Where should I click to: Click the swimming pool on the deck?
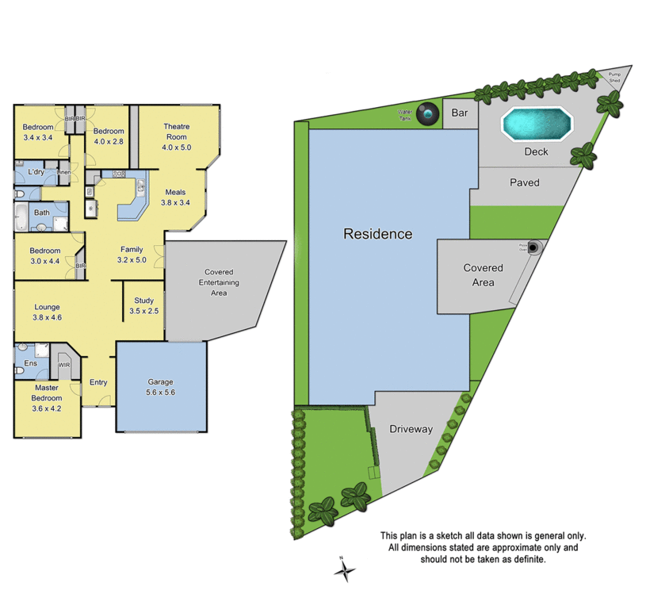pyautogui.click(x=537, y=124)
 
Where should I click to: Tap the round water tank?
pyautogui.click(x=429, y=114)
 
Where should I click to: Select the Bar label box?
pyautogui.click(x=460, y=113)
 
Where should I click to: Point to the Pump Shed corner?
pyautogui.click(x=616, y=78)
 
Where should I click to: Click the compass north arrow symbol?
pyautogui.click(x=343, y=569)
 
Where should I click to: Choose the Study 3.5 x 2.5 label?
pyautogui.click(x=143, y=306)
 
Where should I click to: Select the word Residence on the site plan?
pyautogui.click(x=377, y=234)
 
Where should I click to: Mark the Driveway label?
pyautogui.click(x=411, y=429)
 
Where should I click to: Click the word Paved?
pyautogui.click(x=524, y=182)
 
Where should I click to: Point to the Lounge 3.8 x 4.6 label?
pyautogui.click(x=47, y=312)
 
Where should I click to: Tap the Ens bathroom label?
pyautogui.click(x=30, y=363)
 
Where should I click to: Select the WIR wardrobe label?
pyautogui.click(x=65, y=365)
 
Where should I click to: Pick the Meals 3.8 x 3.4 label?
pyautogui.click(x=175, y=197)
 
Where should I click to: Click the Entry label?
pyautogui.click(x=97, y=382)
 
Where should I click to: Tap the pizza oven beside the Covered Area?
pyautogui.click(x=535, y=247)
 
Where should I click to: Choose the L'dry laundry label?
pyautogui.click(x=36, y=172)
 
